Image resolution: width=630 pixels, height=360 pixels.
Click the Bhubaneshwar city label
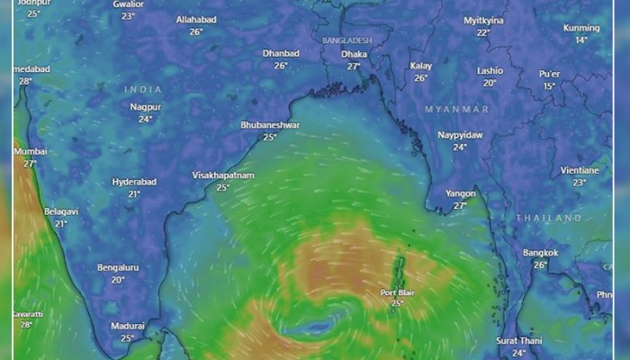[x=270, y=125]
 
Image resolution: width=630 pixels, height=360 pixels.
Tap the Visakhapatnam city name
[x=223, y=175]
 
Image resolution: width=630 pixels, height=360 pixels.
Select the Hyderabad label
[x=134, y=182]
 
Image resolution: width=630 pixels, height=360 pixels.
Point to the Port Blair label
[x=397, y=292]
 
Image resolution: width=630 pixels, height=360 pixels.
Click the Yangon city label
[x=460, y=193]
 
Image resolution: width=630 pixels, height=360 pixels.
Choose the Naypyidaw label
[x=460, y=135]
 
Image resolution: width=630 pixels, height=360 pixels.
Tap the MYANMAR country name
[x=456, y=110]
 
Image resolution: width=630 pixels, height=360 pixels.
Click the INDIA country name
[x=144, y=90]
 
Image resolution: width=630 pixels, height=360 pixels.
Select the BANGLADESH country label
[x=347, y=41]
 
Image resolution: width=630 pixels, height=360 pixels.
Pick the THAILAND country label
[x=549, y=219]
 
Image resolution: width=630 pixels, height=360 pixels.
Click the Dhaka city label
[x=354, y=54]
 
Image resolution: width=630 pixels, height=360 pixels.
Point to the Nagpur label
[x=145, y=107]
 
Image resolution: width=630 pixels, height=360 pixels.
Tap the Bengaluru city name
[x=118, y=267]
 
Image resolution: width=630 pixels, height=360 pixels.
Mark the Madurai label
[x=127, y=326]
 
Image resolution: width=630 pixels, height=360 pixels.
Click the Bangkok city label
[x=541, y=253]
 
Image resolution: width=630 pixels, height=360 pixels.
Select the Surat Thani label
[x=518, y=341]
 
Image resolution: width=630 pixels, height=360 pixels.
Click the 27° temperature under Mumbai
[x=30, y=164]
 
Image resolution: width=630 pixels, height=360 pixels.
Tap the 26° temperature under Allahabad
[x=195, y=31]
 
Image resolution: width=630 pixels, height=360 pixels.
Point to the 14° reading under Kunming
[x=581, y=40]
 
